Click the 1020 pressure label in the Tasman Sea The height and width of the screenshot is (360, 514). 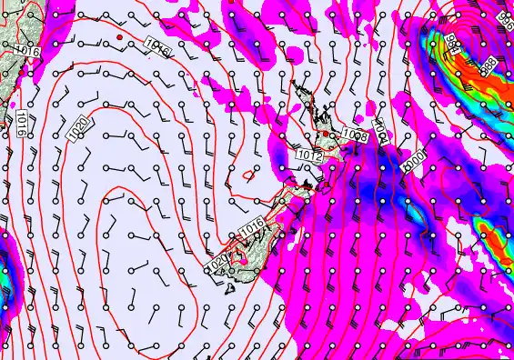[x=79, y=129]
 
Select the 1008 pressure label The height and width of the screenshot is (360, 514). [x=356, y=135]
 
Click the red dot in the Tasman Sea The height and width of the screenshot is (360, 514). [x=119, y=37]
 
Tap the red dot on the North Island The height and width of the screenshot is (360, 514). [x=325, y=135]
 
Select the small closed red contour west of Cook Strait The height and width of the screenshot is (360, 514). [x=251, y=174]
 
